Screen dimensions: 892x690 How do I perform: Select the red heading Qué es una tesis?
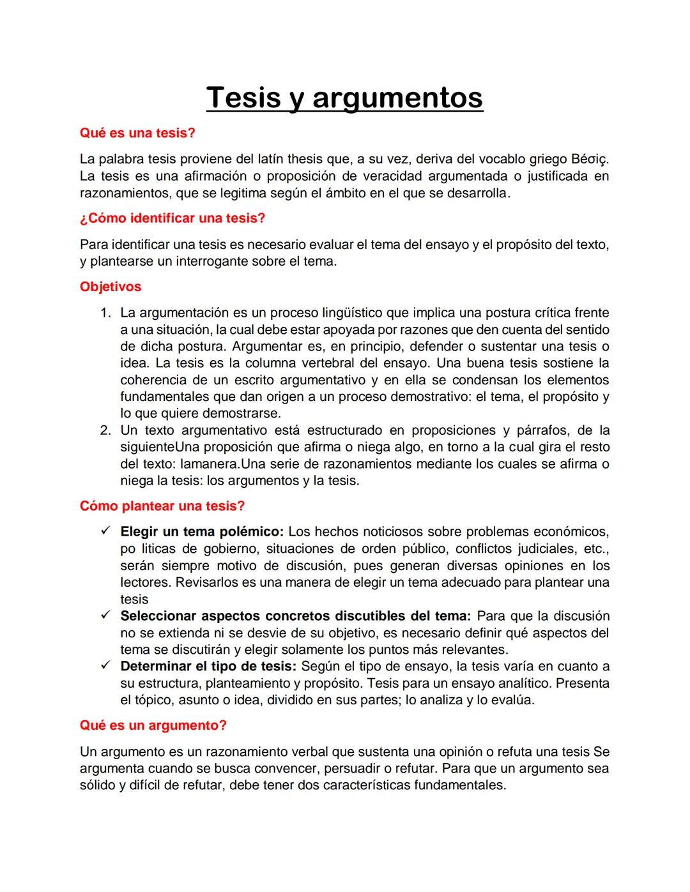click(x=137, y=133)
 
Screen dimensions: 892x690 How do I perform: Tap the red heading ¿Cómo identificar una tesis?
click(x=172, y=218)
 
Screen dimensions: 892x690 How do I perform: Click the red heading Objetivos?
click(x=111, y=287)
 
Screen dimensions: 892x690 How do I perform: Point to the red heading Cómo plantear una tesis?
click(x=162, y=506)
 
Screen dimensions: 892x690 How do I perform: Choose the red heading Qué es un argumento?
click(x=153, y=726)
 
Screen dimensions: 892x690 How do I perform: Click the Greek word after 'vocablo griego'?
click(x=590, y=159)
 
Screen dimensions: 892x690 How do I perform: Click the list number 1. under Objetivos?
click(x=106, y=313)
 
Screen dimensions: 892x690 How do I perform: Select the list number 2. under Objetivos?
click(x=106, y=430)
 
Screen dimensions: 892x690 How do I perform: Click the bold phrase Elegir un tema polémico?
click(x=202, y=532)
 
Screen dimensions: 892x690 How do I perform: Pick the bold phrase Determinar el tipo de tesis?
click(x=208, y=667)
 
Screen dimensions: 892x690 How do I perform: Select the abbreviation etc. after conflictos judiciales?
click(x=597, y=549)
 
